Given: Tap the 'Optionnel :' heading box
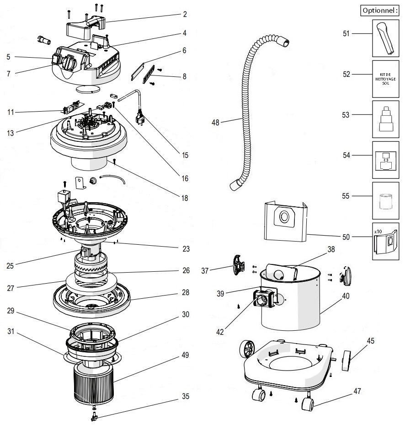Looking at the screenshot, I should coord(379,10).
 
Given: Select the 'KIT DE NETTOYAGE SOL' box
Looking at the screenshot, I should coord(385,79).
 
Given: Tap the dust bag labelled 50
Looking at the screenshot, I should coord(285,222).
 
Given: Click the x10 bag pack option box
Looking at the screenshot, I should coord(385,241).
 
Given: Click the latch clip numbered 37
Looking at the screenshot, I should coord(237,265).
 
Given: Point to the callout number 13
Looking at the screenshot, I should coord(10,133).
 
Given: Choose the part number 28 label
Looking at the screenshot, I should coord(185,292).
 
